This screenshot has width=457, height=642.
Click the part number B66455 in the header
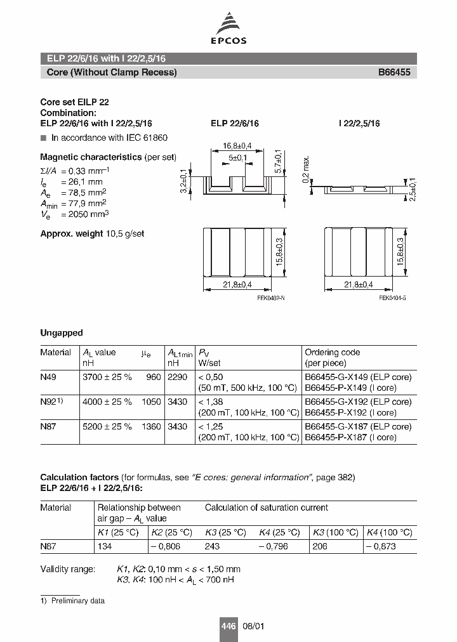click(394, 72)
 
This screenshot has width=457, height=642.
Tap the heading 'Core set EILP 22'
click(78, 102)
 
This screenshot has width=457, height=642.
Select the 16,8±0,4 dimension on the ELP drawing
click(237, 146)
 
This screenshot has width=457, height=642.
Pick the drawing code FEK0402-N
click(271, 298)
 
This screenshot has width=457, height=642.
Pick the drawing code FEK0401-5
click(392, 298)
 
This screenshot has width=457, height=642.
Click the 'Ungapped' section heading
click(62, 332)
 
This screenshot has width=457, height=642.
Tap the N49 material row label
click(48, 377)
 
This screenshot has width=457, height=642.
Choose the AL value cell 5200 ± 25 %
click(107, 427)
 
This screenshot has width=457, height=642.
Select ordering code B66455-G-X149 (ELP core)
click(358, 377)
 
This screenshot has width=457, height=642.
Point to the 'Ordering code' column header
click(332, 352)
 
